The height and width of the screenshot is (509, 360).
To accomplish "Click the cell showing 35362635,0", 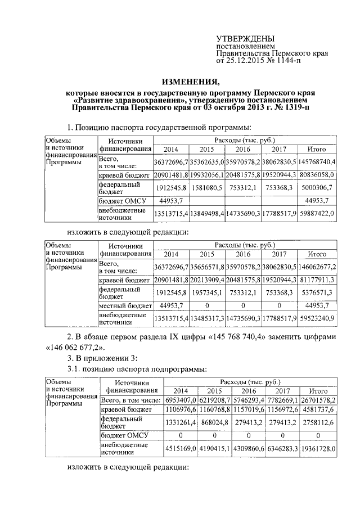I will (206, 162).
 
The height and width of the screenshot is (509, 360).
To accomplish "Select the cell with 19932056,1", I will (206, 175).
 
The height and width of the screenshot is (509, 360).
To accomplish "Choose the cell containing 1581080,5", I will (206, 188).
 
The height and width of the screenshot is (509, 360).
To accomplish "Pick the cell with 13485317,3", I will (206, 318).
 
